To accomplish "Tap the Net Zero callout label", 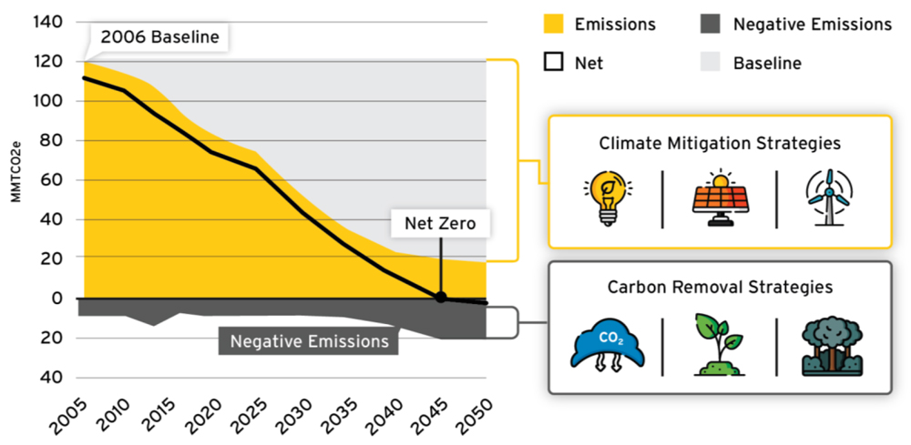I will click(x=439, y=223).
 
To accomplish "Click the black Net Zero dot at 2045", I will click(x=441, y=298).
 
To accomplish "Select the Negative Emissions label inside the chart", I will click(x=309, y=341).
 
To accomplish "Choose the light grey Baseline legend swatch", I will click(x=710, y=64).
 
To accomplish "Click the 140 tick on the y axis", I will click(x=46, y=22).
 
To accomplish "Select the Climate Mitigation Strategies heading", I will click(x=719, y=144).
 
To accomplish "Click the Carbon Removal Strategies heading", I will click(x=719, y=288).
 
